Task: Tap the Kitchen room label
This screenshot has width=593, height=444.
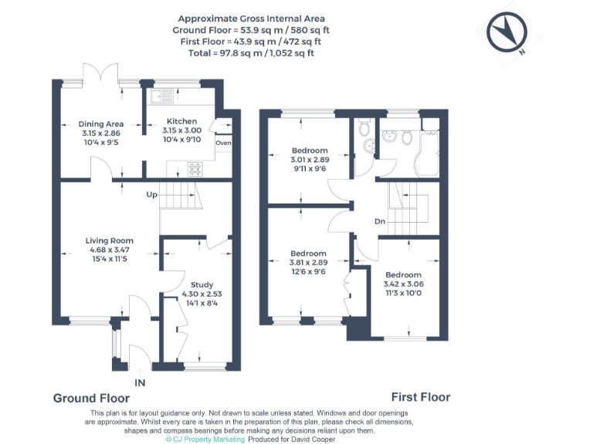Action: pyautogui.click(x=181, y=121)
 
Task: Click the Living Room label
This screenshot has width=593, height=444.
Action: pyautogui.click(x=109, y=240)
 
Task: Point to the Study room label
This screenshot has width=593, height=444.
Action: pyautogui.click(x=202, y=284)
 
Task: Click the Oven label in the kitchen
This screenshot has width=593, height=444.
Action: pyautogui.click(x=224, y=143)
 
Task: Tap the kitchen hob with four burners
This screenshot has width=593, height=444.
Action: pyautogui.click(x=194, y=168)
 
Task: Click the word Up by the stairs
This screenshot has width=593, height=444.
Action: pyautogui.click(x=152, y=194)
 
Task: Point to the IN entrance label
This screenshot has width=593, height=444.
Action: pyautogui.click(x=139, y=382)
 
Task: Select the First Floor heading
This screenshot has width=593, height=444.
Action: pyautogui.click(x=420, y=397)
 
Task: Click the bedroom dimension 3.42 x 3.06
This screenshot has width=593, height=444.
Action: pyautogui.click(x=403, y=284)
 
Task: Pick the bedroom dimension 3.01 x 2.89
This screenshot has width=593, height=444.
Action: pyautogui.click(x=310, y=160)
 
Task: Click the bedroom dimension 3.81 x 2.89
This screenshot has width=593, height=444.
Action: pyautogui.click(x=308, y=262)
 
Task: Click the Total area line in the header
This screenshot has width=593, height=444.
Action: pyautogui.click(x=251, y=53)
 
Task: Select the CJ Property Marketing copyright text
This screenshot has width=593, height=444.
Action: pyautogui.click(x=205, y=439)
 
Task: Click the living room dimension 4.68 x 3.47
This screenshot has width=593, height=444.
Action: pyautogui.click(x=109, y=250)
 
